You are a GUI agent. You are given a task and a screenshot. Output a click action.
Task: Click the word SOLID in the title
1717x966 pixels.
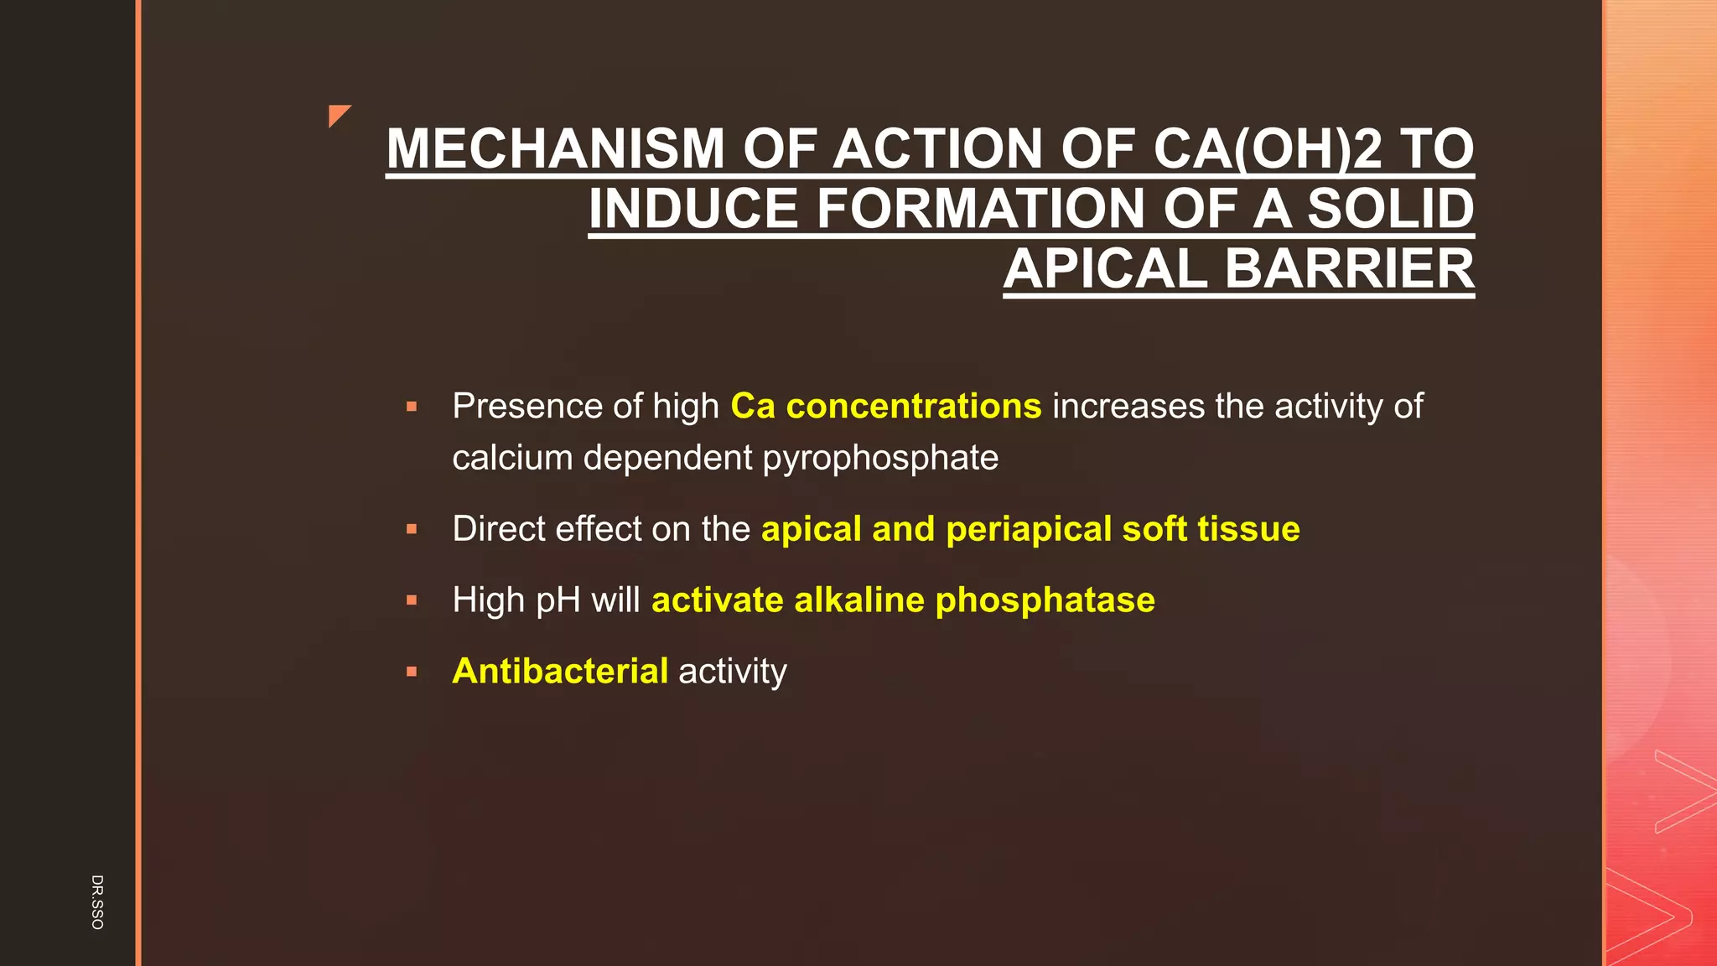1391,209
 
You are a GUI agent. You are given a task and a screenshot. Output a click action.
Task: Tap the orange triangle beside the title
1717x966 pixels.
338,114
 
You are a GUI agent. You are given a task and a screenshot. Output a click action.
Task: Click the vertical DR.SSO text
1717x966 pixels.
97,901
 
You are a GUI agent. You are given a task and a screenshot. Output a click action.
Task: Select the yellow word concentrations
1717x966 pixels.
914,407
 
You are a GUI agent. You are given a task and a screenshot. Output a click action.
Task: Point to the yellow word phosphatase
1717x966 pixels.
1045,600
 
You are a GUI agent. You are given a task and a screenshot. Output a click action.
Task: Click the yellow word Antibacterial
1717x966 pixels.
560,672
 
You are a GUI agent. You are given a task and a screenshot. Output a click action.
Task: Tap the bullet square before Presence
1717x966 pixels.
412,408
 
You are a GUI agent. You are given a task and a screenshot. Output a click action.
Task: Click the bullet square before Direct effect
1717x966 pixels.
412,530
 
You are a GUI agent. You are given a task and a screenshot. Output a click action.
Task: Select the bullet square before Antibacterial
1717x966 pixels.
412,673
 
